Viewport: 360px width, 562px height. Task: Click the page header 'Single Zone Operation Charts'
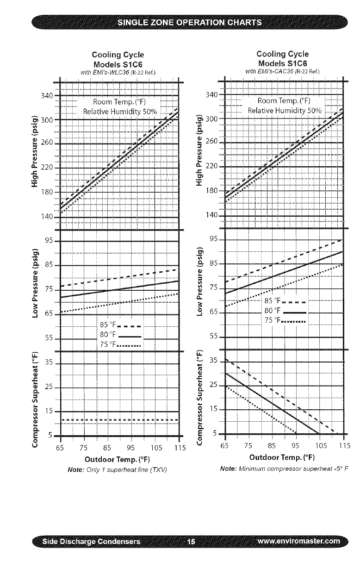point(189,23)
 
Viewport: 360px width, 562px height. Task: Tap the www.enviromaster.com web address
point(297,541)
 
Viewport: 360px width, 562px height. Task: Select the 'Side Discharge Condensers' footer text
point(91,541)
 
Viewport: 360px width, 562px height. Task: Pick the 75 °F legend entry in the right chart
point(284,320)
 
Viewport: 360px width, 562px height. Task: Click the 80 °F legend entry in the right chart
point(284,310)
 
